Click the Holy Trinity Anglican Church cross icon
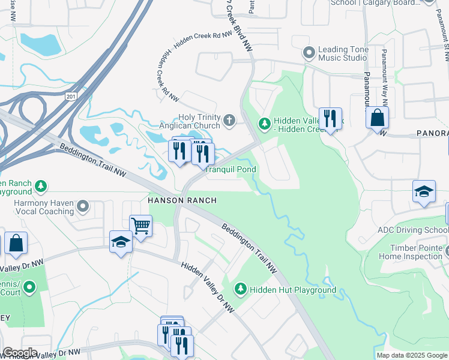point(228,122)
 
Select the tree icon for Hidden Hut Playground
point(241,290)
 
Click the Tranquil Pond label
point(231,170)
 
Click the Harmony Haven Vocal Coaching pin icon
point(83,207)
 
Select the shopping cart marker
point(140,227)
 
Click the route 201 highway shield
point(73,97)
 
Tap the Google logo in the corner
point(20,353)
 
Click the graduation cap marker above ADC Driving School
point(424,192)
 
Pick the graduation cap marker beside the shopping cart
point(121,242)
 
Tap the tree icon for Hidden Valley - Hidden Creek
point(264,123)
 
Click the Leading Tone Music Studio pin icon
point(309,53)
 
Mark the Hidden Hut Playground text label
point(293,290)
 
